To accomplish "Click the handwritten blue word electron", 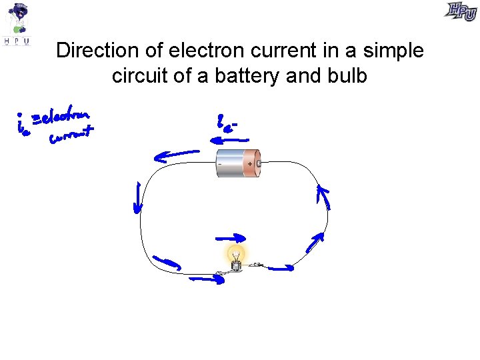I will [65, 118].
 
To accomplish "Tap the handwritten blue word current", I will [70, 137].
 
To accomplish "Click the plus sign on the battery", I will [250, 163].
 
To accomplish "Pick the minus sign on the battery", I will [221, 163].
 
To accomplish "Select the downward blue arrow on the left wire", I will [138, 199].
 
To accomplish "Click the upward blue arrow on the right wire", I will [323, 197].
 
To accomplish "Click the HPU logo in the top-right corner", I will [461, 11].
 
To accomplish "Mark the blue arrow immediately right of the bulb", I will [280, 268].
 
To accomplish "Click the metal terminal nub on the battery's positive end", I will [257, 162].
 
